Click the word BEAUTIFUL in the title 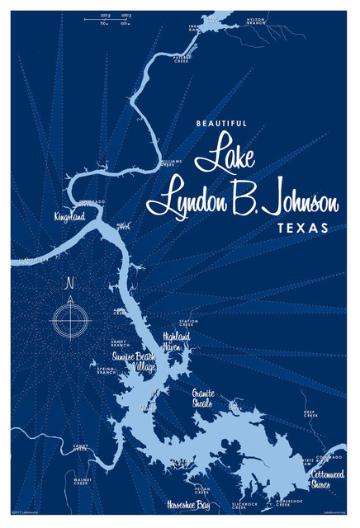[223, 125]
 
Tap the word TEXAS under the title [301, 226]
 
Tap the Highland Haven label [177, 340]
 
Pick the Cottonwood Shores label [332, 479]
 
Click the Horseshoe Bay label [187, 503]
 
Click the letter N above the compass [70, 285]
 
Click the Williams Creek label [171, 164]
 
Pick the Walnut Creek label [85, 480]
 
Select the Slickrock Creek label [245, 504]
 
